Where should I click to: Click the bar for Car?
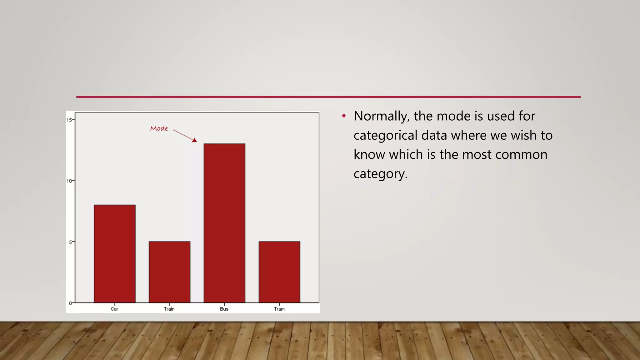(114, 253)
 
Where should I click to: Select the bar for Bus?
(224, 223)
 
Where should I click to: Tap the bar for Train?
(169, 272)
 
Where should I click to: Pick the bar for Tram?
(279, 272)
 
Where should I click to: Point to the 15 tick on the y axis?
(69, 120)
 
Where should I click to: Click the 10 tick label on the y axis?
(69, 181)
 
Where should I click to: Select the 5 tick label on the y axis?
(70, 242)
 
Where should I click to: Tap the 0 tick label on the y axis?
(70, 303)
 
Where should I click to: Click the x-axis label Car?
(114, 309)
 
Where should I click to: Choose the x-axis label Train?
(169, 309)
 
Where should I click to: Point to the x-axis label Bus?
(224, 309)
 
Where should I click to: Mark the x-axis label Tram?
(279, 309)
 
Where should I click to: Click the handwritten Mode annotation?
(159, 128)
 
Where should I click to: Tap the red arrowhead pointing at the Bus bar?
(195, 140)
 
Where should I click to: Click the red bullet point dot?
(344, 116)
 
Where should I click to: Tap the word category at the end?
(380, 174)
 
